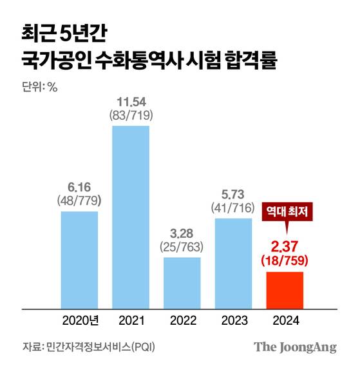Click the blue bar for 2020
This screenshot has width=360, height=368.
[x=79, y=259]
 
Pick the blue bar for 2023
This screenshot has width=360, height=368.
[x=233, y=263]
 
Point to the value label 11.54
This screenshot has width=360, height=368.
[x=131, y=102]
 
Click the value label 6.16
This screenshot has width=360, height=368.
[x=79, y=188]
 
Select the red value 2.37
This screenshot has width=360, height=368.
[x=284, y=247]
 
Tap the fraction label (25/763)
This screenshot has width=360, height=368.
[x=182, y=247]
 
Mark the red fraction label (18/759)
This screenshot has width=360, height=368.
[x=284, y=260]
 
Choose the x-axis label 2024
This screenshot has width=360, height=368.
[x=284, y=320]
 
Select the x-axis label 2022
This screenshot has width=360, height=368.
[x=182, y=320]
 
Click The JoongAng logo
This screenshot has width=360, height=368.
[x=295, y=347]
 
